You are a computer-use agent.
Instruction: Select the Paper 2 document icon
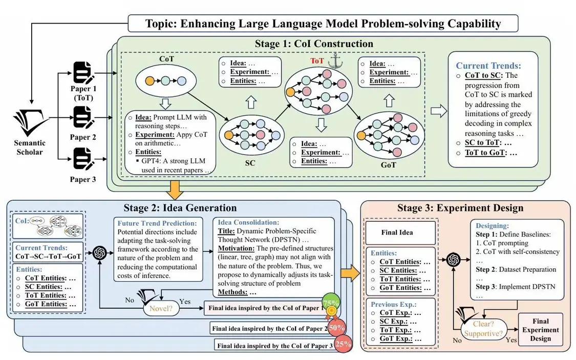pyautogui.click(x=83, y=117)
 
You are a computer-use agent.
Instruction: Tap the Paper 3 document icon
pyautogui.click(x=83, y=158)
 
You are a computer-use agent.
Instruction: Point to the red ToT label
pyautogui.click(x=317, y=61)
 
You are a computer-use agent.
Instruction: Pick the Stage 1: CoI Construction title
pyautogui.click(x=314, y=44)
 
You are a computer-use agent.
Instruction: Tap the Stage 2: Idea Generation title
pyautogui.click(x=180, y=208)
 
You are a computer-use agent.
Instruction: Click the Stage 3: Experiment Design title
pyautogui.click(x=460, y=208)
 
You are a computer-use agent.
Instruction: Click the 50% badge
pyautogui.click(x=336, y=326)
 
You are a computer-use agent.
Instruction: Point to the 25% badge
pyautogui.click(x=343, y=344)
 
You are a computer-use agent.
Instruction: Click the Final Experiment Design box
pyautogui.click(x=541, y=330)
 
